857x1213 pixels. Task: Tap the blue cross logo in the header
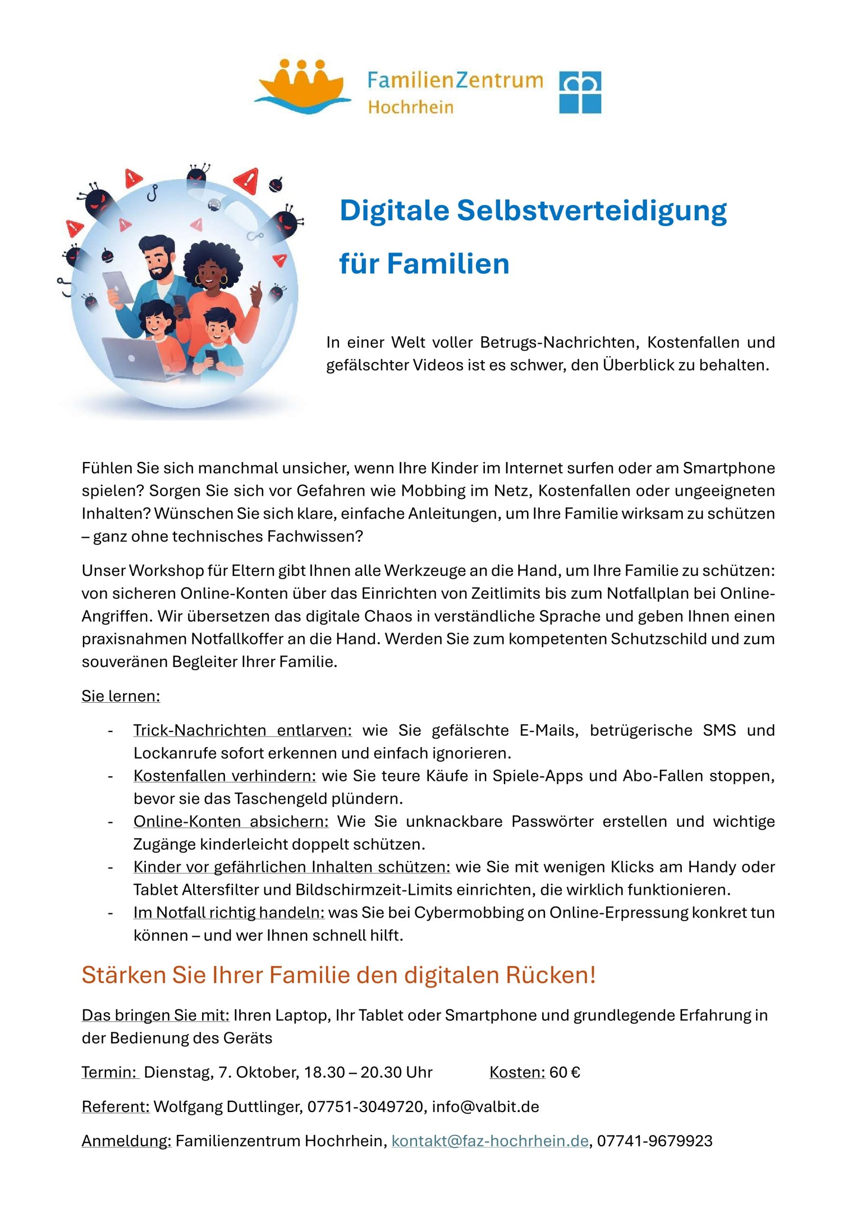[x=580, y=92]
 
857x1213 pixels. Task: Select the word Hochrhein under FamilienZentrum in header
[x=411, y=107]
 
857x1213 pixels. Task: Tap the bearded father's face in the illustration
[x=159, y=262]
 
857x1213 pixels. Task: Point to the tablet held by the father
[x=119, y=287]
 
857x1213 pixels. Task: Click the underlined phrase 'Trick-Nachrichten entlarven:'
[x=242, y=730]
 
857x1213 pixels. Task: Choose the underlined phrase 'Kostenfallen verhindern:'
[x=224, y=776]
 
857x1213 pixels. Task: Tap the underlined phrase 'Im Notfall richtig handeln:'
[x=229, y=913]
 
